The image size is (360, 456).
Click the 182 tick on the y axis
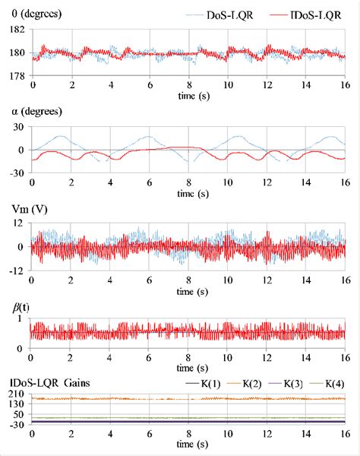click(x=17, y=30)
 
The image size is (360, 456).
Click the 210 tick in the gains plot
click(x=17, y=393)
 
